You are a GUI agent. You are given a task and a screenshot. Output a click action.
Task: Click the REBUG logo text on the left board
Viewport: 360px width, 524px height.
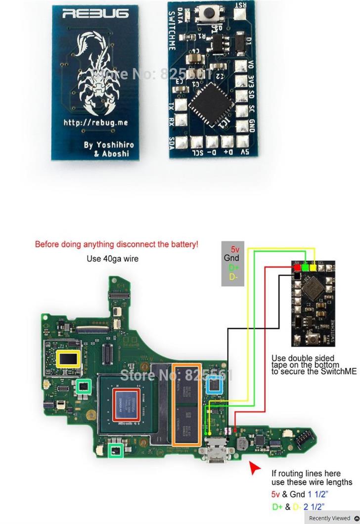[x=95, y=14]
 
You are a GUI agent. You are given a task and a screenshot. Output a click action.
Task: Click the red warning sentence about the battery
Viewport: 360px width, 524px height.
[x=117, y=244]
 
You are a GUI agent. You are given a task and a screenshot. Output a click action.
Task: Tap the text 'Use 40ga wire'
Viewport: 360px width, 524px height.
[x=112, y=259]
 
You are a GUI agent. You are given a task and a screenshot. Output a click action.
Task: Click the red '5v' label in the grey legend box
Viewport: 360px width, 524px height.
[x=235, y=249]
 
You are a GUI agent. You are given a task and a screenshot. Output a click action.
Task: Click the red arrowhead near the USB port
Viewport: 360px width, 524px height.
[x=255, y=467]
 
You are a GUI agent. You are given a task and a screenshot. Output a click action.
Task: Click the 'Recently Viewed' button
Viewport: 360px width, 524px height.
[x=332, y=518]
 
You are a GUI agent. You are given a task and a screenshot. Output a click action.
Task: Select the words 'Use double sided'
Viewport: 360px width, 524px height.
[x=303, y=358]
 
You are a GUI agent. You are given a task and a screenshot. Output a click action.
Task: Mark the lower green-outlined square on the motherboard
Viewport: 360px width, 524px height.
[x=116, y=450]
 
